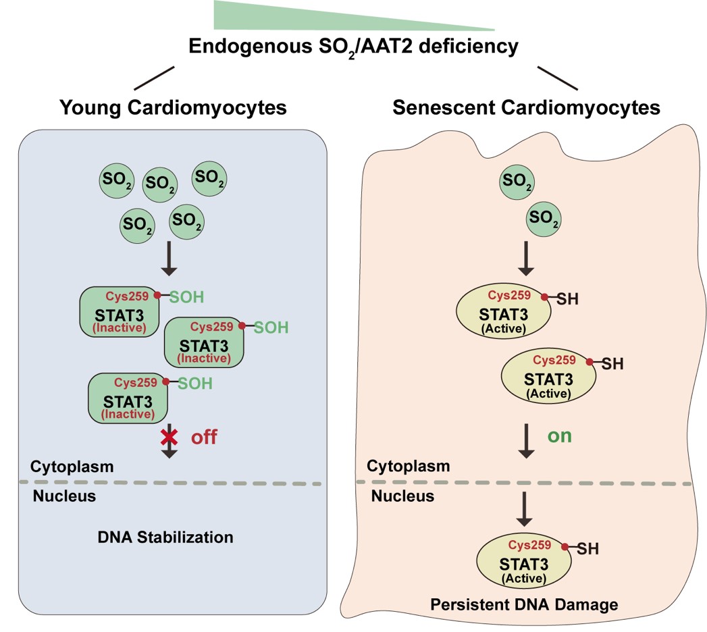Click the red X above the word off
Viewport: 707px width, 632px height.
pyautogui.click(x=168, y=437)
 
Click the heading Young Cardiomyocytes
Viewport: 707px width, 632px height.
pyautogui.click(x=173, y=107)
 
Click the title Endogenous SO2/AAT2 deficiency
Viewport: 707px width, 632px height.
pyautogui.click(x=354, y=47)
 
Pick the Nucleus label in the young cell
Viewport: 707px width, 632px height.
pyautogui.click(x=64, y=497)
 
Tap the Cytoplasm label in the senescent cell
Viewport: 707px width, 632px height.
pyautogui.click(x=408, y=466)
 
